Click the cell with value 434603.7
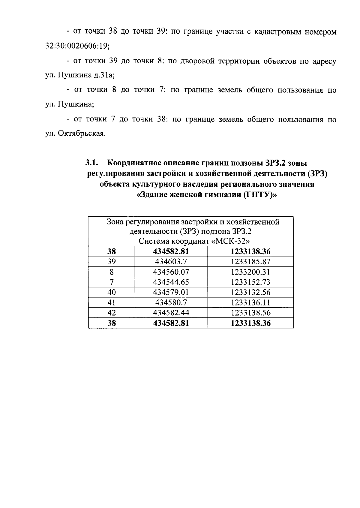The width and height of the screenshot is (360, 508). [171, 262]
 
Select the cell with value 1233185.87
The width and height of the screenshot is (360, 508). [250, 262]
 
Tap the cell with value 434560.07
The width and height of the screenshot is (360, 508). [171, 272]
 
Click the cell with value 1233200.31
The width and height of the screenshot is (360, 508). [250, 272]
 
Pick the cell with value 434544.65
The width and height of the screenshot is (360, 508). [171, 282]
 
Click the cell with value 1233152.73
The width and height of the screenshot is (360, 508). [250, 282]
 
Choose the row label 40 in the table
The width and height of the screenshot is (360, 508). [112, 292]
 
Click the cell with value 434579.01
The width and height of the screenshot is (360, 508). [171, 292]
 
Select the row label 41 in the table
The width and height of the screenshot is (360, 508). [112, 302]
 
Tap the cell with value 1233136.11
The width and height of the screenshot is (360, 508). [250, 302]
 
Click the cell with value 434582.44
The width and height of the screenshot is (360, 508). [171, 313]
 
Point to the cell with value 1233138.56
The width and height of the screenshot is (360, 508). [250, 313]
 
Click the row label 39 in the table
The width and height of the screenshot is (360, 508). [112, 262]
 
